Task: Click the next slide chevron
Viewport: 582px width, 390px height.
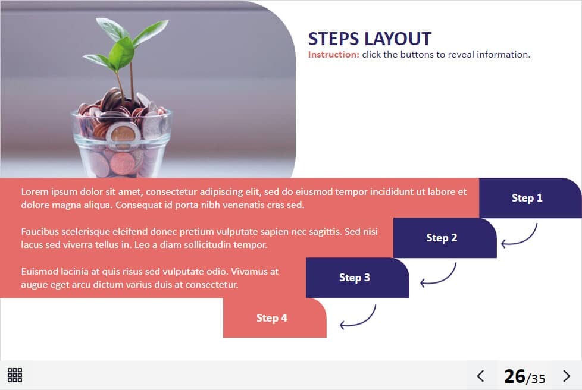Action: tap(567, 376)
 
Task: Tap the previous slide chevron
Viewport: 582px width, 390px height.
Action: tap(480, 376)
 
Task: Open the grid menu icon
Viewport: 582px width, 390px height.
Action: tap(15, 375)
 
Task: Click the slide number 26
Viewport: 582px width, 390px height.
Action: tap(514, 376)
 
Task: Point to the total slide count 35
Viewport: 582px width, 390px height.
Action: tap(537, 379)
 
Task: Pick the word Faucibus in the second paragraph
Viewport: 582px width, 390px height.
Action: tap(40, 231)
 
